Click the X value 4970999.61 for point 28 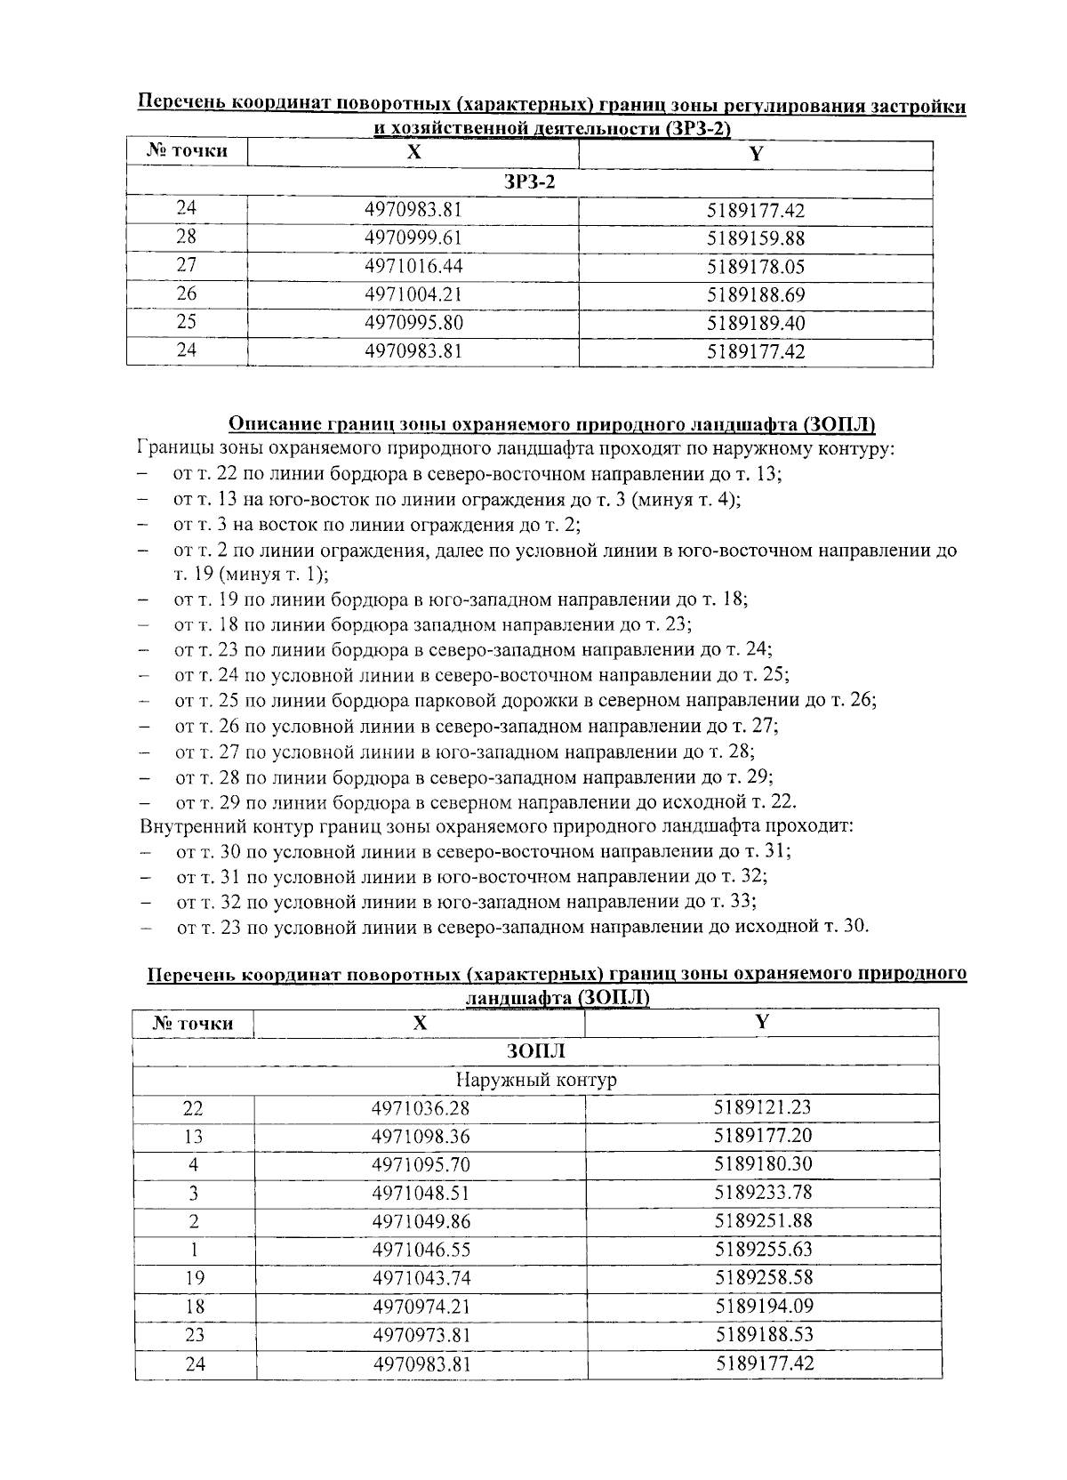413,238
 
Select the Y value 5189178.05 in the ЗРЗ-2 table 756,267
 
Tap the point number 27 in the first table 186,265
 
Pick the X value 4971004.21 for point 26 413,294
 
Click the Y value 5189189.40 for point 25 756,323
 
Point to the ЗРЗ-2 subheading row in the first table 529,182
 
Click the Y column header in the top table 756,154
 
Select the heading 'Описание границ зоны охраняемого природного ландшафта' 552,424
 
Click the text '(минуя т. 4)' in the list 686,500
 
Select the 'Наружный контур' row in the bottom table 536,1080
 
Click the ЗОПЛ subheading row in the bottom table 536,1051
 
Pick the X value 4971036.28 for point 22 420,1109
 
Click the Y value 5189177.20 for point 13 763,1136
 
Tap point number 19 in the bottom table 194,1278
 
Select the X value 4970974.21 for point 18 420,1307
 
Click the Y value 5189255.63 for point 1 763,1249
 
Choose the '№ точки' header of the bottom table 193,1024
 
